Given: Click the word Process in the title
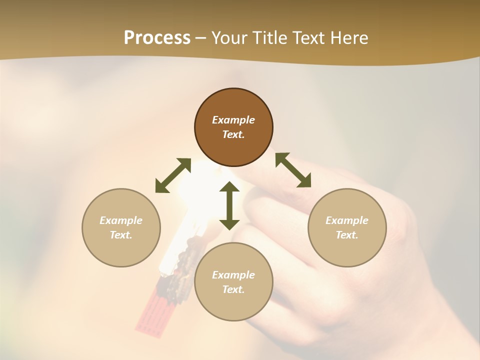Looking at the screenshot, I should (x=157, y=37).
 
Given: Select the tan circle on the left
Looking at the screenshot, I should (x=121, y=250).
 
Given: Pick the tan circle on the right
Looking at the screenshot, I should (x=347, y=250).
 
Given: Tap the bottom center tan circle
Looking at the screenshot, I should (x=233, y=304).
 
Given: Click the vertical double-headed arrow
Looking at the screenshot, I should (x=229, y=206).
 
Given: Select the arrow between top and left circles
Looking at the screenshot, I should (x=173, y=175).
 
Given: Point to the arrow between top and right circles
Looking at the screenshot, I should (x=293, y=170).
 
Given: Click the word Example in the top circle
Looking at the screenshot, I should (x=233, y=120).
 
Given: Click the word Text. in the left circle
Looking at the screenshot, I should (x=121, y=235).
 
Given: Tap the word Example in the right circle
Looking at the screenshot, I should (x=347, y=220).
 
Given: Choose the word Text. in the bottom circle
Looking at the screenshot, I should (x=233, y=289).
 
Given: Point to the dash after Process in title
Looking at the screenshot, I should (x=200, y=38).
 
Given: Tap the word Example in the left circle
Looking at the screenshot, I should (x=121, y=220).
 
